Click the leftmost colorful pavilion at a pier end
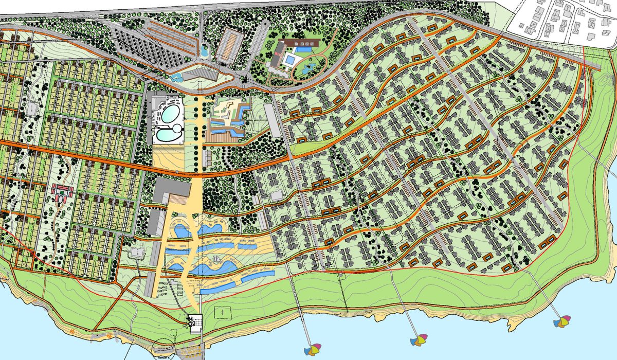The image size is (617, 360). tap(312, 350)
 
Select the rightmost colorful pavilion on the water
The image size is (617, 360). tap(562, 321)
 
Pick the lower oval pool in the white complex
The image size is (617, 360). tap(169, 135)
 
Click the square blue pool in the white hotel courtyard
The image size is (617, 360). tap(289, 61)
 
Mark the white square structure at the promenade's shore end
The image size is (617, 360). tap(196, 322)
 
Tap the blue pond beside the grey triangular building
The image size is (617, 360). tap(176, 78)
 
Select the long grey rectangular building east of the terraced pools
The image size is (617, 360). tap(272, 121)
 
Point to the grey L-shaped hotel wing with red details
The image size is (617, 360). tap(277, 56)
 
